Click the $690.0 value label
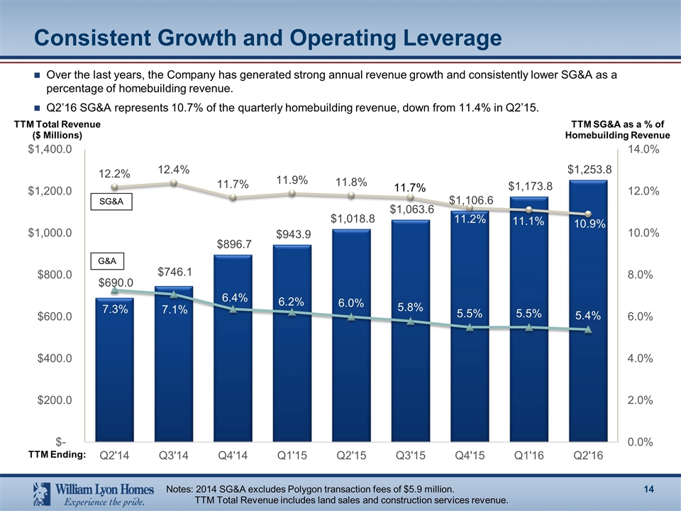pos(115,283)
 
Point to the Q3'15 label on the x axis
pos(410,456)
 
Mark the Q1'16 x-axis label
pos(528,456)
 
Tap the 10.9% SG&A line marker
pos(588,214)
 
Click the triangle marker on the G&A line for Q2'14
pos(115,290)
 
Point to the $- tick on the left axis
pos(64,442)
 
